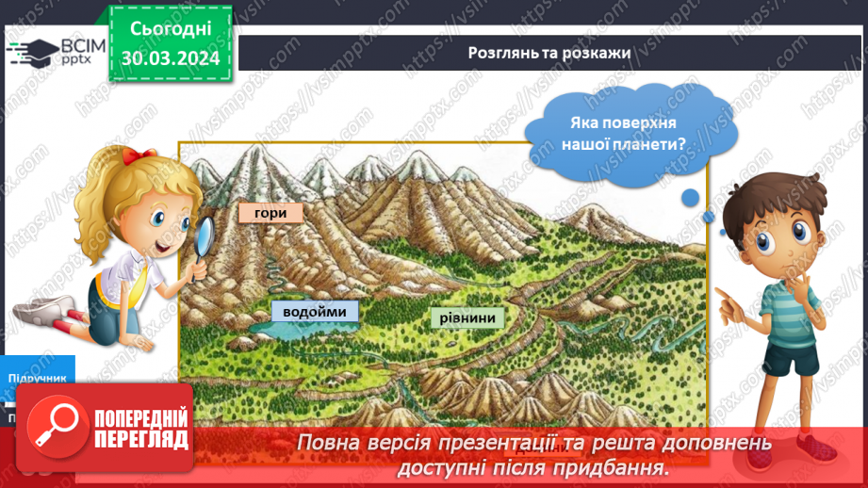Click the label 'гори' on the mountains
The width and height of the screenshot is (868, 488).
[x=270, y=213]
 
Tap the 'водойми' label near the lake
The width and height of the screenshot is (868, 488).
[x=309, y=311]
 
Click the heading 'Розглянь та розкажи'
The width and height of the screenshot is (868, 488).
[x=549, y=53]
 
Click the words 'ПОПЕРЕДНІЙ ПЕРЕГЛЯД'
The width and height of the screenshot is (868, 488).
[x=141, y=429]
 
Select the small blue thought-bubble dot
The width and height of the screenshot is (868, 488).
[x=691, y=197]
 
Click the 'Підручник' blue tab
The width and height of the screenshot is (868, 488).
[x=38, y=377]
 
